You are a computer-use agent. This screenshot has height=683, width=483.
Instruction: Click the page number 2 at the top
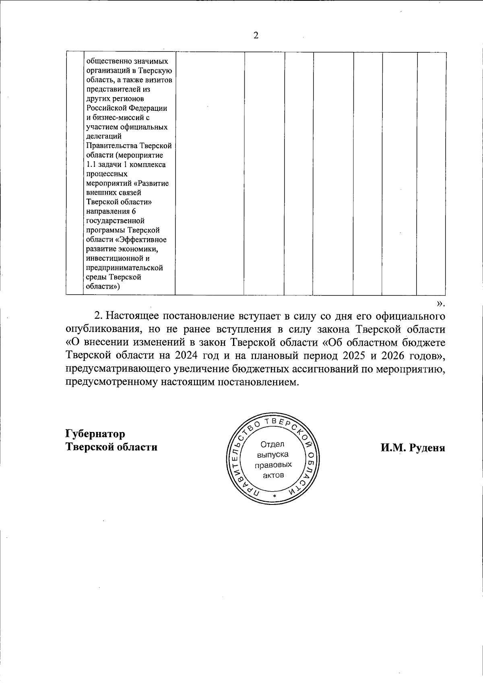coord(256,35)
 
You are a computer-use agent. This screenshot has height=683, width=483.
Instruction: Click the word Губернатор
coord(95,434)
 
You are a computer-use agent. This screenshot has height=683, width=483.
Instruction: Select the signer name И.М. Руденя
coord(413,448)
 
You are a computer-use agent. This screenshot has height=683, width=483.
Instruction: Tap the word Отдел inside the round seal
coord(272,444)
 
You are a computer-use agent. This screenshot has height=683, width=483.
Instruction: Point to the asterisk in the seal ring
coord(274,496)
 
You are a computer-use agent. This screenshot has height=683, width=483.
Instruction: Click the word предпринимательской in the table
coord(124,268)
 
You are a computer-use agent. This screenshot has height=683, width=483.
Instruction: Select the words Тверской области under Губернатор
coord(111,447)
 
